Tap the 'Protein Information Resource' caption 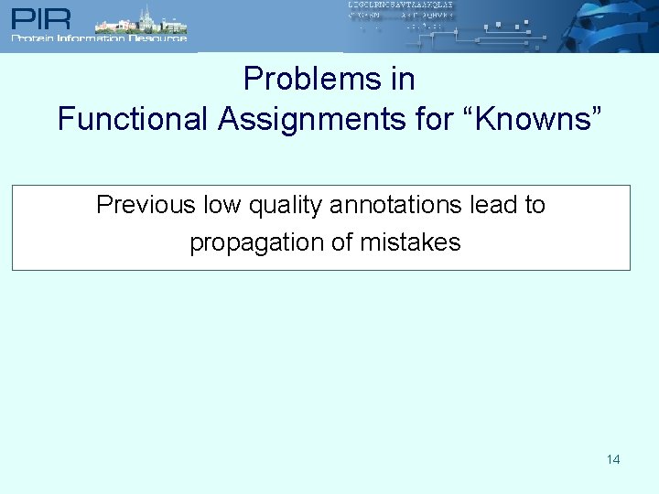[x=99, y=38]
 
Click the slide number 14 [x=613, y=459]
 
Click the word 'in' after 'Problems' [x=404, y=80]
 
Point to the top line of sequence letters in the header [x=400, y=5]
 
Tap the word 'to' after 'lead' [x=535, y=205]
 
